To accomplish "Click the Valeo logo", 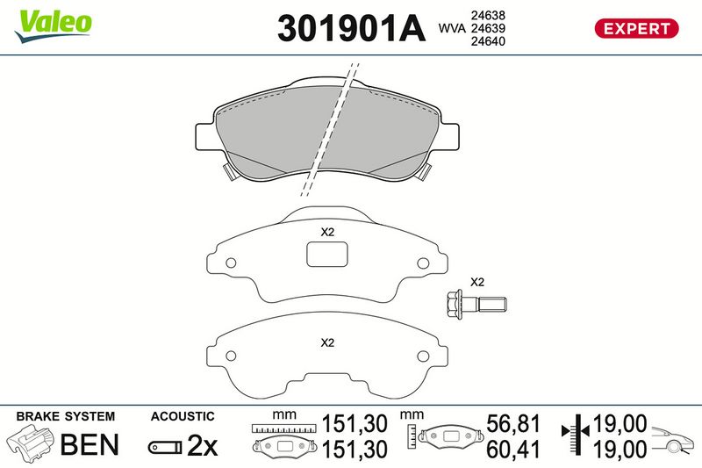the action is coord(53,26).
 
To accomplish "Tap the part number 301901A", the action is coord(351,28).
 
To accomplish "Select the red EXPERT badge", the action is coord(636,29).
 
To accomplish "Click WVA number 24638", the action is coord(488,15).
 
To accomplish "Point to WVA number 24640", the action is coord(488,41).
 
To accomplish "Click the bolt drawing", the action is coord(476,305).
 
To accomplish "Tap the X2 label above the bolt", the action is coord(477,282).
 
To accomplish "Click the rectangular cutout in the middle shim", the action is coord(327,255).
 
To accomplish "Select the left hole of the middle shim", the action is coord(231,263).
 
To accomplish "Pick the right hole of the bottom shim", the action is coord(423,356).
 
